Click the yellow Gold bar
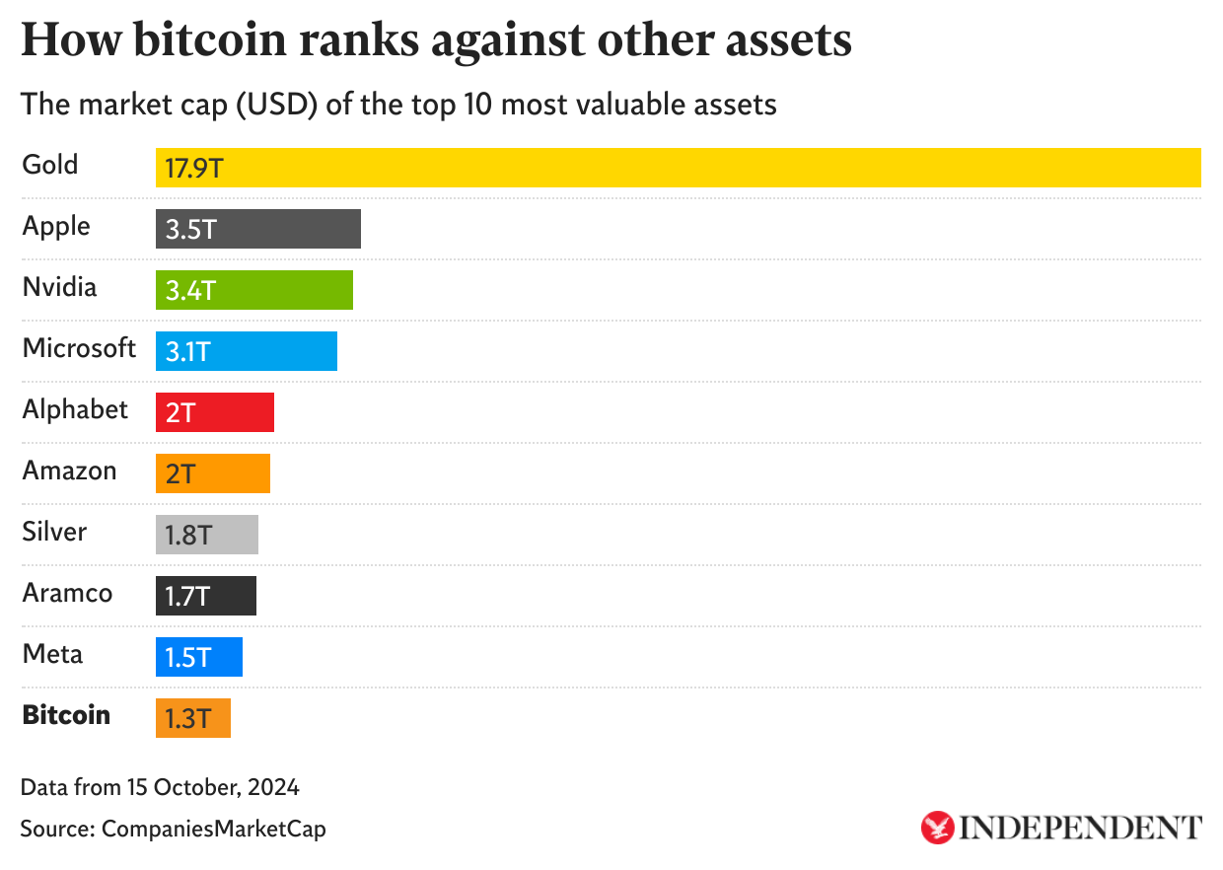pos(678,168)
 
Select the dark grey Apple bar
pos(258,229)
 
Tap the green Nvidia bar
pos(254,290)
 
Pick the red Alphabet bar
pos(215,412)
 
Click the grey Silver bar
pos(207,535)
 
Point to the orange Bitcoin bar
pos(193,718)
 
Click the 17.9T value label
pos(194,169)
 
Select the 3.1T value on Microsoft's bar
pos(188,352)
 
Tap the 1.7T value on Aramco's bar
pos(188,597)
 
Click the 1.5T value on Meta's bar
pos(188,658)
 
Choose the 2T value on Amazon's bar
pos(180,474)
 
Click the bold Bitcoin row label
pos(66,715)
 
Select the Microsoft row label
pos(79,348)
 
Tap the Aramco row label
pos(67,593)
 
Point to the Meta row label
pos(52,654)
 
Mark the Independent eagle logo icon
pos(937,828)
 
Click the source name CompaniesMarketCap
pos(213,829)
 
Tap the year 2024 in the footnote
pos(274,787)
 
